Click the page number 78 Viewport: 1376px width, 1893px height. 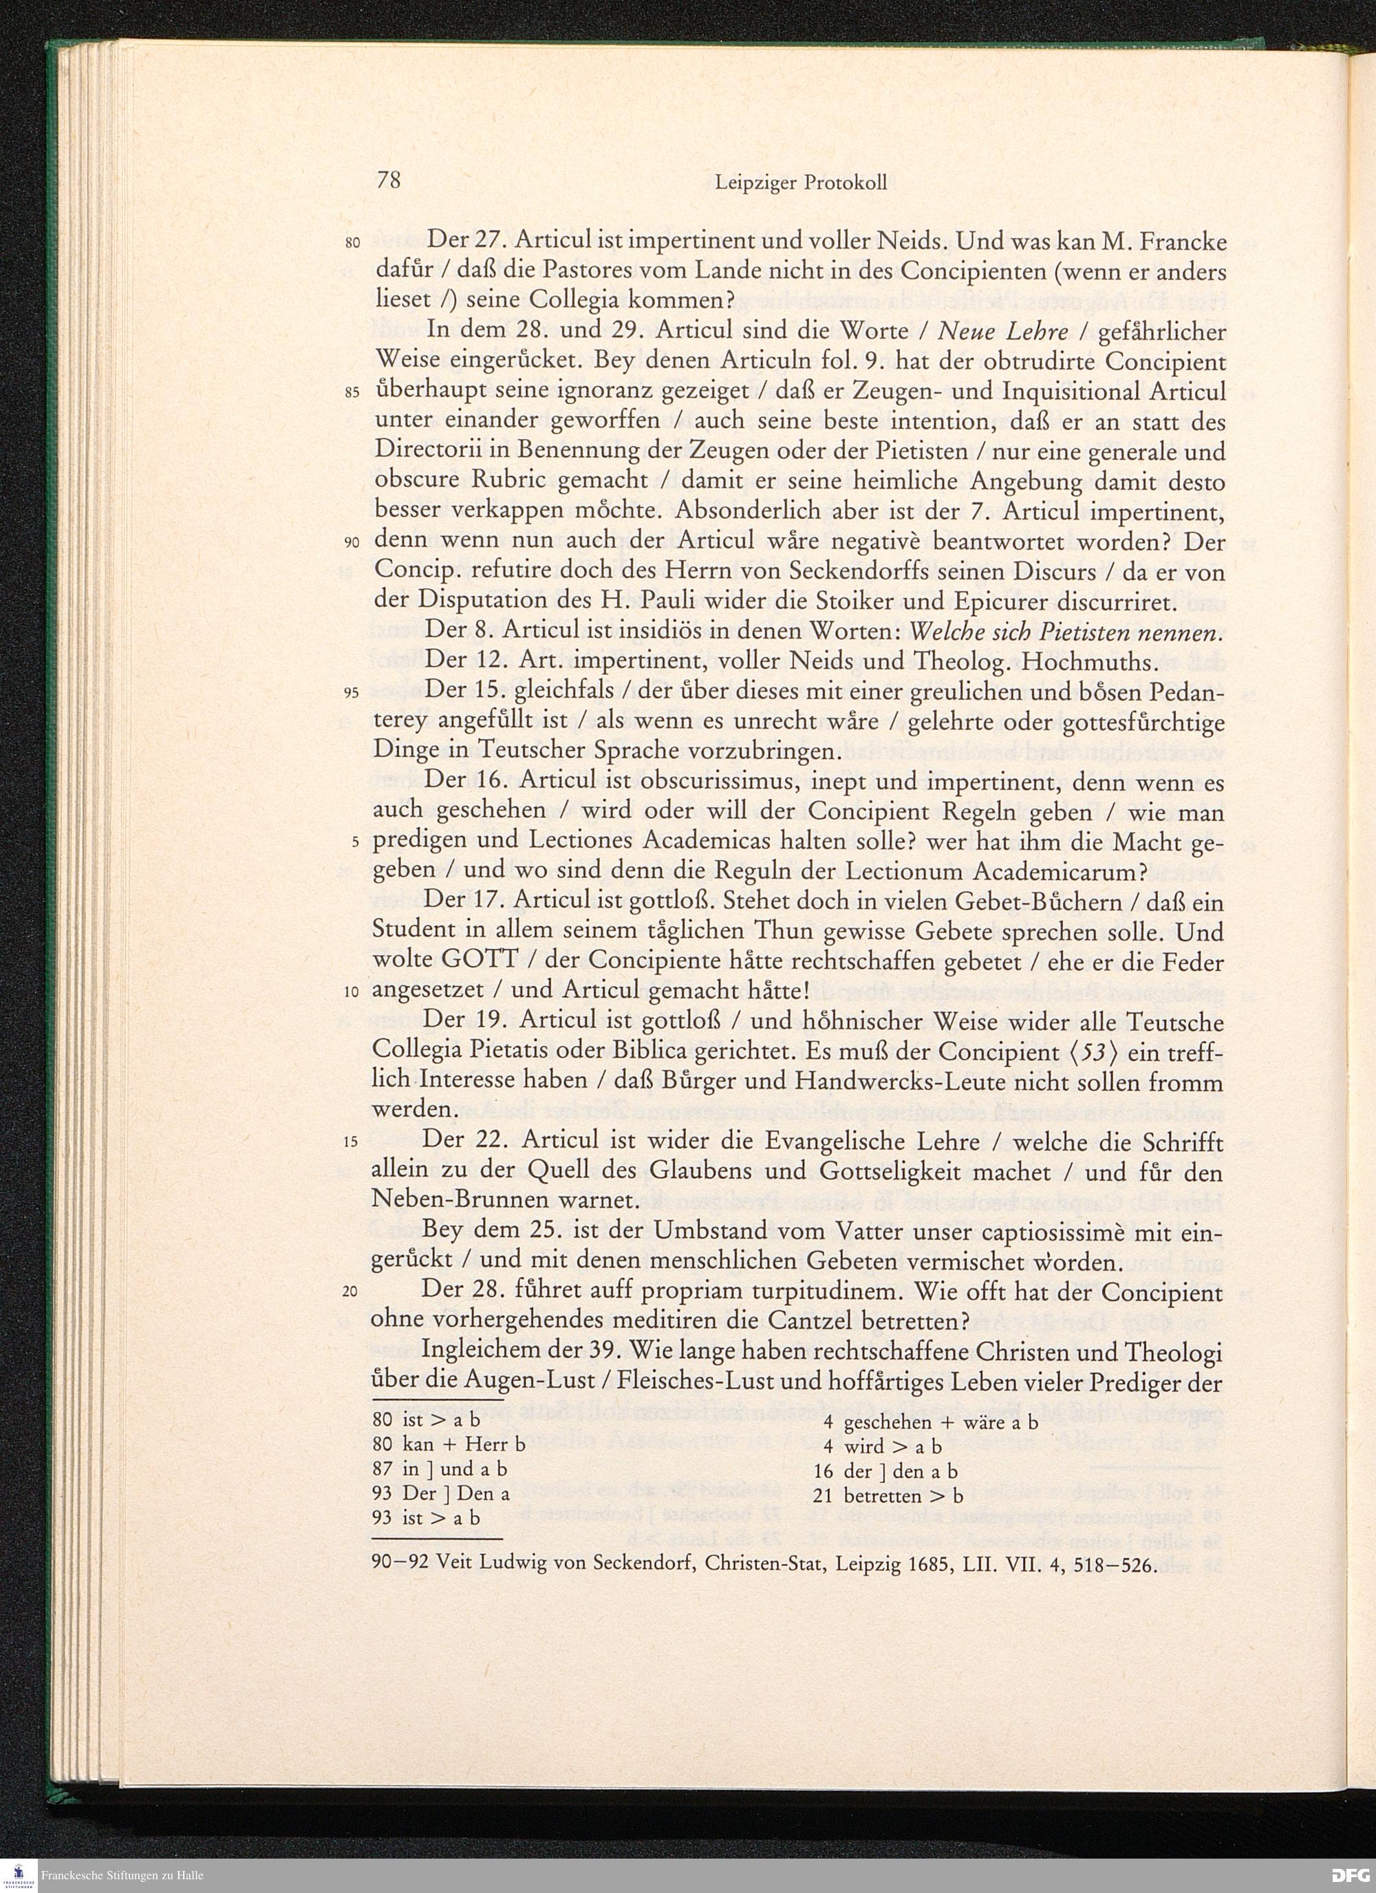coord(389,181)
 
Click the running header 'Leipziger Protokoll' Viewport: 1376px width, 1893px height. coord(801,183)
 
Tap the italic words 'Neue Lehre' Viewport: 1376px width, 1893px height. coord(1003,332)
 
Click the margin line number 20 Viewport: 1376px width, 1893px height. coord(350,1293)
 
